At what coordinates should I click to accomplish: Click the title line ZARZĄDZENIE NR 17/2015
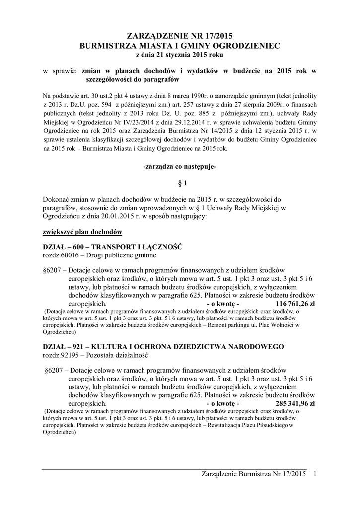[x=180, y=36]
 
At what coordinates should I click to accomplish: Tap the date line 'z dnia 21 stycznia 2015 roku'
[x=180, y=54]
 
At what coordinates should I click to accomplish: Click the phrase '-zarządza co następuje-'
[x=180, y=168]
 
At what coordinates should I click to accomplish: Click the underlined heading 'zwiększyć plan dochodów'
[x=82, y=232]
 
